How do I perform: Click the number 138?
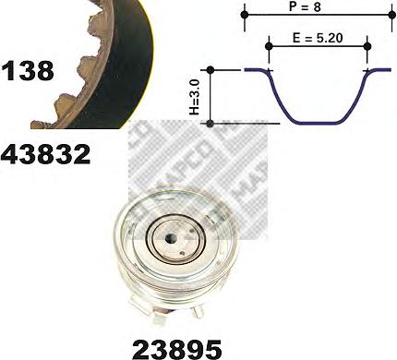28,71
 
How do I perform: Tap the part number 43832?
45,154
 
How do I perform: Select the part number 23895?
177,349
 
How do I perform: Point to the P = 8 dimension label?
305,6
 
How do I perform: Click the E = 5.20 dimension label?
318,38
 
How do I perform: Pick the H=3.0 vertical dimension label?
195,96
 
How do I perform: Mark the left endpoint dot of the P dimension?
245,14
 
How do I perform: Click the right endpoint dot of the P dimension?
391,14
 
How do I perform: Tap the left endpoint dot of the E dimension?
269,46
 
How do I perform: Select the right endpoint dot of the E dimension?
367,46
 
